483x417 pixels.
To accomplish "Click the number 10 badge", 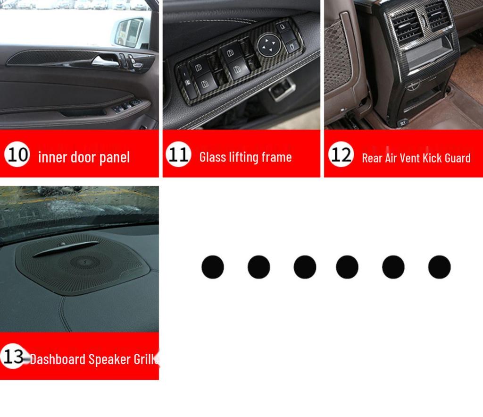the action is coord(17,154).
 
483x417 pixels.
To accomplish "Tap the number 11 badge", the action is coord(178,154).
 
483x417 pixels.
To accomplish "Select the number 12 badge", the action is coord(341,154).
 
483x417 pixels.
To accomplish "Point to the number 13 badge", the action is coord(13,356).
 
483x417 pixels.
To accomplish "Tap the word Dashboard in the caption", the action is coord(58,359).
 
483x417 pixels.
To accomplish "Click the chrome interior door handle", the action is coord(106,61).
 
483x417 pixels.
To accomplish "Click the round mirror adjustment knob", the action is coord(267,45).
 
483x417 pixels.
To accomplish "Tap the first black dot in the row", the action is coord(213,267).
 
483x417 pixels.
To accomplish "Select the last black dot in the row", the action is coord(439,267).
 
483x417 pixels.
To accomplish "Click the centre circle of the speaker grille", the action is coord(85,263).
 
